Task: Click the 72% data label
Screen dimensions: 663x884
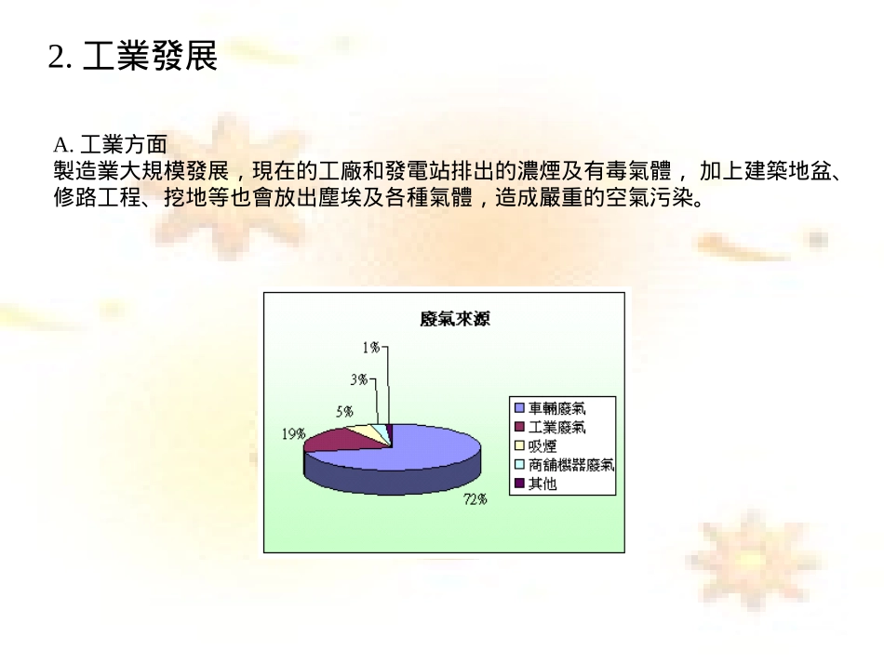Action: pos(475,499)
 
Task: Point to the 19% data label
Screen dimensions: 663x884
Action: pos(293,434)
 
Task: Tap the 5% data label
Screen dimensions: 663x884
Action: pos(344,411)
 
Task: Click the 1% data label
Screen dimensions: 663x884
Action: pos(371,347)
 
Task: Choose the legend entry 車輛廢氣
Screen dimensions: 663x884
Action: pos(557,407)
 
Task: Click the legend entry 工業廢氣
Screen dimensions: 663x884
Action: pos(557,427)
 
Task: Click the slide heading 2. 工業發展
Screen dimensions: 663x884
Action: pos(132,58)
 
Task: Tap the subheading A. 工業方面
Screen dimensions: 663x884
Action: pos(111,145)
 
